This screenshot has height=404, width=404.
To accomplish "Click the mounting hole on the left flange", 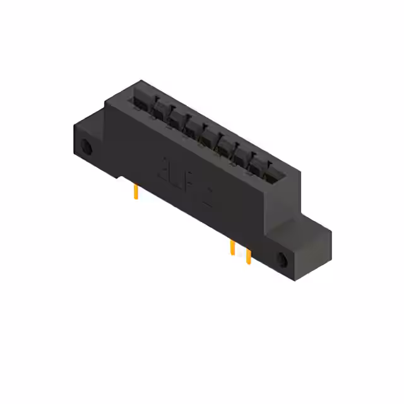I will pyautogui.click(x=87, y=149).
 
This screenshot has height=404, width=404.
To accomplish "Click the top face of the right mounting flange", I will pyautogui.click(x=309, y=227).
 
